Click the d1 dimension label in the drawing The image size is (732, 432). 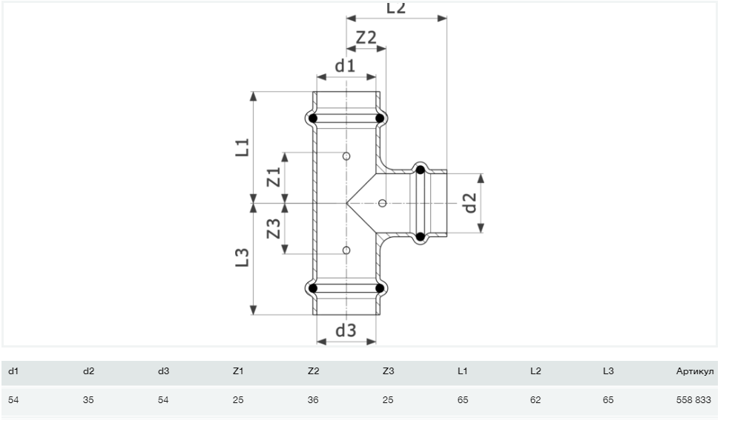pos(345,66)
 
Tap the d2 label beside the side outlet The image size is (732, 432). pos(470,203)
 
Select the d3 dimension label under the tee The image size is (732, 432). pos(346,330)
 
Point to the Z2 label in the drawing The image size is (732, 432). pos(366,37)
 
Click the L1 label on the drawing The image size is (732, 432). pos(243,147)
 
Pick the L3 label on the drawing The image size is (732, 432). pos(242,258)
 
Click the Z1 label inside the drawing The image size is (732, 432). pos(274,177)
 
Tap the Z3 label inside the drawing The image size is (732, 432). pos(274,228)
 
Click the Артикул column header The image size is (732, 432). pos(695,371)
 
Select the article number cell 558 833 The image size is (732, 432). pos(693,400)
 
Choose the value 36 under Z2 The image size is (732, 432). pos(313,400)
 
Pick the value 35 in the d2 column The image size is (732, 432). pos(88,400)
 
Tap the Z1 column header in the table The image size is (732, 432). pos(238,371)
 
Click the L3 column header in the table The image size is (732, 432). pos(608,371)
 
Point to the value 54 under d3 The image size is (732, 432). pos(163,400)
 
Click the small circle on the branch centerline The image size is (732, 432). pos(383,203)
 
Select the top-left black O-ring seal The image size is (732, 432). pos(313,119)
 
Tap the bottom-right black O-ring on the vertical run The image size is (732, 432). pos(380,288)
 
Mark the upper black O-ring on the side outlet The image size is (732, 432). pos(421,170)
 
